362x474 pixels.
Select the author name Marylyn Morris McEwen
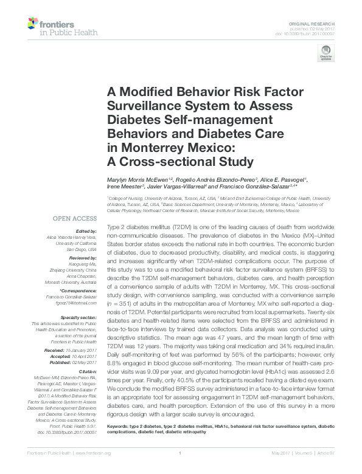(x=138, y=180)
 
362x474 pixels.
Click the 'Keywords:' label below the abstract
(x=120, y=444)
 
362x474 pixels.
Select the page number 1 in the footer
(x=181, y=469)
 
